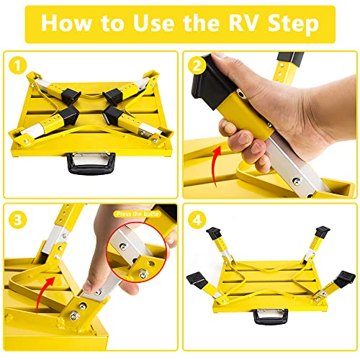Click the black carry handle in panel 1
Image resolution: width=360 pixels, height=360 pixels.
89,163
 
